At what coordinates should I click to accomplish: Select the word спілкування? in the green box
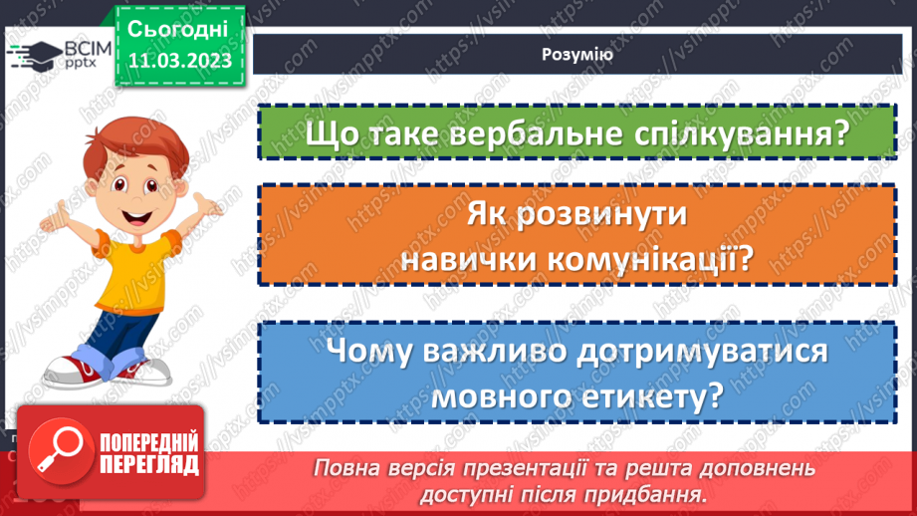[742, 132]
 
